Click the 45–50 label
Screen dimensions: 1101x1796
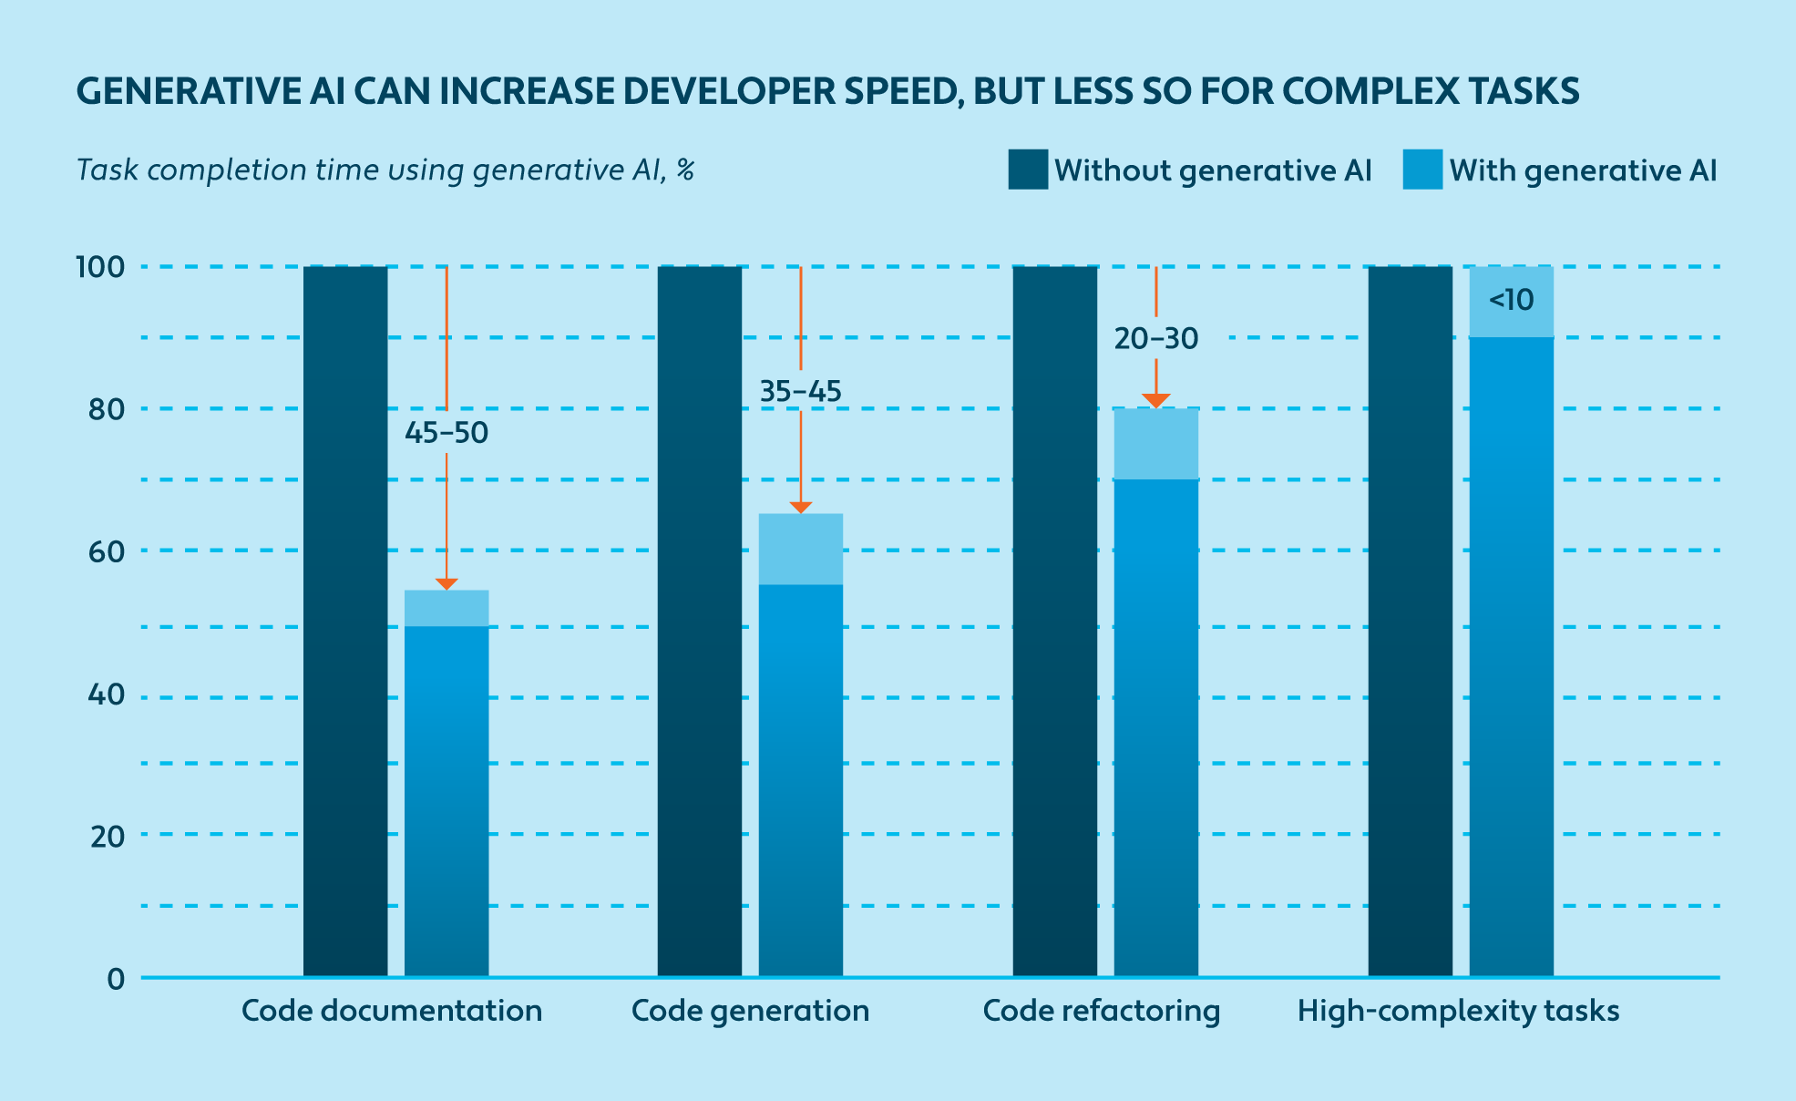coord(446,433)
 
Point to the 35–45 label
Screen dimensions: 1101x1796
coord(801,392)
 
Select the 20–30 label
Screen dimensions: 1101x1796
coord(1156,339)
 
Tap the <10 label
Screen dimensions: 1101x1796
coord(1512,300)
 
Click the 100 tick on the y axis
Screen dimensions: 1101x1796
coord(100,268)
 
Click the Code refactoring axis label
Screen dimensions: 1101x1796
coord(1102,1011)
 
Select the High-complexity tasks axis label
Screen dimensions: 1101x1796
coord(1458,1011)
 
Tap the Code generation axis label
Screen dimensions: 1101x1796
coord(750,1011)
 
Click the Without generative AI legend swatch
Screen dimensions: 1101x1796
coord(1028,170)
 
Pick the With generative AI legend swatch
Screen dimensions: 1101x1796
coord(1422,170)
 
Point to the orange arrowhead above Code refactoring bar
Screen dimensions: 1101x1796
coord(1156,401)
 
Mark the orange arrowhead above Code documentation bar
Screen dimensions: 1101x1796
coord(446,584)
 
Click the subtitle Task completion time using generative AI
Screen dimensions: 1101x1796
coord(385,170)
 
